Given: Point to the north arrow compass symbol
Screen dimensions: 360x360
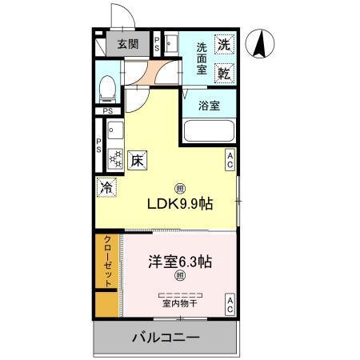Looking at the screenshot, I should (260, 44).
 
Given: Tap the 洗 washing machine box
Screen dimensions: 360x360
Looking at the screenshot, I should (225, 46).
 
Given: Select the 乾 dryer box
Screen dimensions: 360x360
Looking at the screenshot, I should (225, 74).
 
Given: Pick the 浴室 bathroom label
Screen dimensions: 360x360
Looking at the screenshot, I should (209, 105).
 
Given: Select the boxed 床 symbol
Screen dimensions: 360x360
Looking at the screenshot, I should (137, 159).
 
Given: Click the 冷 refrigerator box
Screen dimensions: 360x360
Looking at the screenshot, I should (106, 188).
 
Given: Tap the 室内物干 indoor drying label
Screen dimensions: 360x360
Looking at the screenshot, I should (179, 303).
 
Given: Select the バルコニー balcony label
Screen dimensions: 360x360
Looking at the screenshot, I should (164, 339).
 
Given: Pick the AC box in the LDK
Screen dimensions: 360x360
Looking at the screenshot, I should (229, 159).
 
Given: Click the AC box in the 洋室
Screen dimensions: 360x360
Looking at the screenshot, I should (229, 303).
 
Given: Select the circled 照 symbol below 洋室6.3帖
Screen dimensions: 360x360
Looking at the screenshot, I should (179, 277).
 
